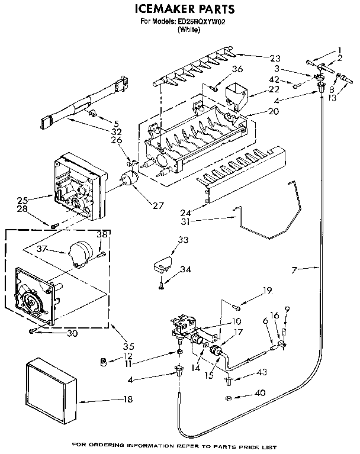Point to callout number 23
(x=274, y=58)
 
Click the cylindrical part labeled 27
(x=126, y=179)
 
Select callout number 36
(x=237, y=69)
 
